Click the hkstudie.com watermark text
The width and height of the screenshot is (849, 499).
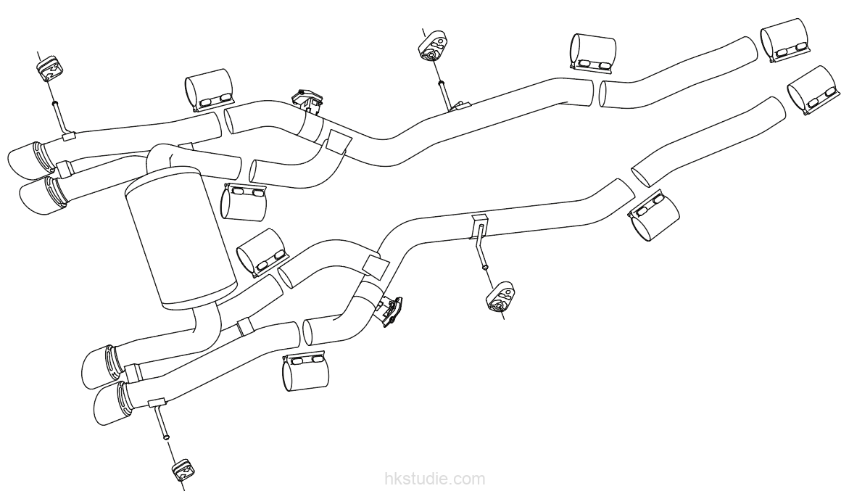(434, 479)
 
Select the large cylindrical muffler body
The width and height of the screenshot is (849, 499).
(181, 239)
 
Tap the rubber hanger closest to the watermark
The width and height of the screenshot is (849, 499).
(181, 471)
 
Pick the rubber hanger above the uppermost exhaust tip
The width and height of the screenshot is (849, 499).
(50, 69)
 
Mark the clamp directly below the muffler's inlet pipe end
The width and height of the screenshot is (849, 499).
(244, 202)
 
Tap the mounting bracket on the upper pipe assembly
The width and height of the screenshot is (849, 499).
(307, 100)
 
